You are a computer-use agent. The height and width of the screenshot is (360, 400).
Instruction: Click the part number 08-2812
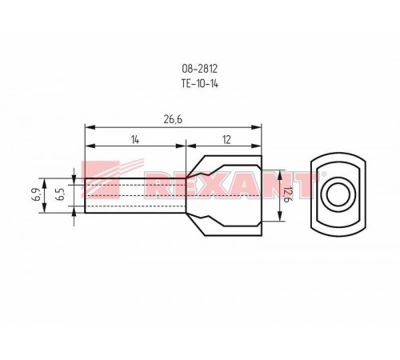coord(200,69)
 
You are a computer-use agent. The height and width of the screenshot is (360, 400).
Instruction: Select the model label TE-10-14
coord(200,84)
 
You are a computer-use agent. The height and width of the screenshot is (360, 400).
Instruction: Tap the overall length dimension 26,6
coord(173,119)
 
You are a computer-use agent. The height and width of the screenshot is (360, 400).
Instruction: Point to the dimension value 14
coord(135,139)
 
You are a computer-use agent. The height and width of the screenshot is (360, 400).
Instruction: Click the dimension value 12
coord(226,139)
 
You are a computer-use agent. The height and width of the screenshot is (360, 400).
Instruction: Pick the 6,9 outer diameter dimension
coord(37,194)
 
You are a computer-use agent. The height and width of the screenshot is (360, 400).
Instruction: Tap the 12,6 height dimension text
coord(286,194)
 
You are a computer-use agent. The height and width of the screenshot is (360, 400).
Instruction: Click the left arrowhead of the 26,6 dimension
coord(90,127)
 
